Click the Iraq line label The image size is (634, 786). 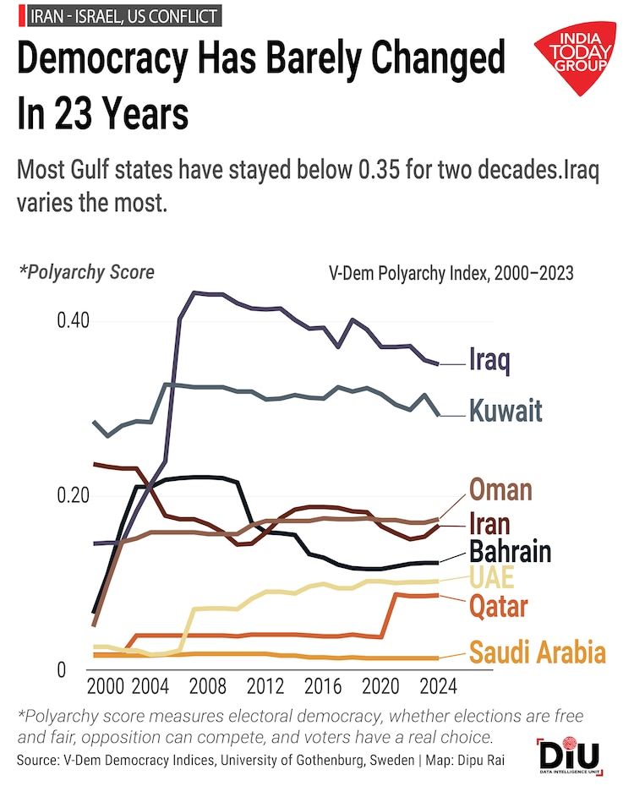click(x=489, y=361)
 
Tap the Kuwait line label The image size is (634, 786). click(x=506, y=412)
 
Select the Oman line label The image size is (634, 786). click(x=500, y=489)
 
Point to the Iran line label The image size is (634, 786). click(x=491, y=522)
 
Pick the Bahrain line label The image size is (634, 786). click(x=511, y=552)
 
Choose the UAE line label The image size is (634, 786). click(x=490, y=579)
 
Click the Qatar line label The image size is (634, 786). click(x=499, y=606)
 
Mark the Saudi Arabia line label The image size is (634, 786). click(x=538, y=652)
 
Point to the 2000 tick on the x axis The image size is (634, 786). click(x=105, y=684)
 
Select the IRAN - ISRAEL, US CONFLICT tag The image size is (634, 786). click(x=120, y=15)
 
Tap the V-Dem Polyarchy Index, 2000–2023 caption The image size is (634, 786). click(x=451, y=273)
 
